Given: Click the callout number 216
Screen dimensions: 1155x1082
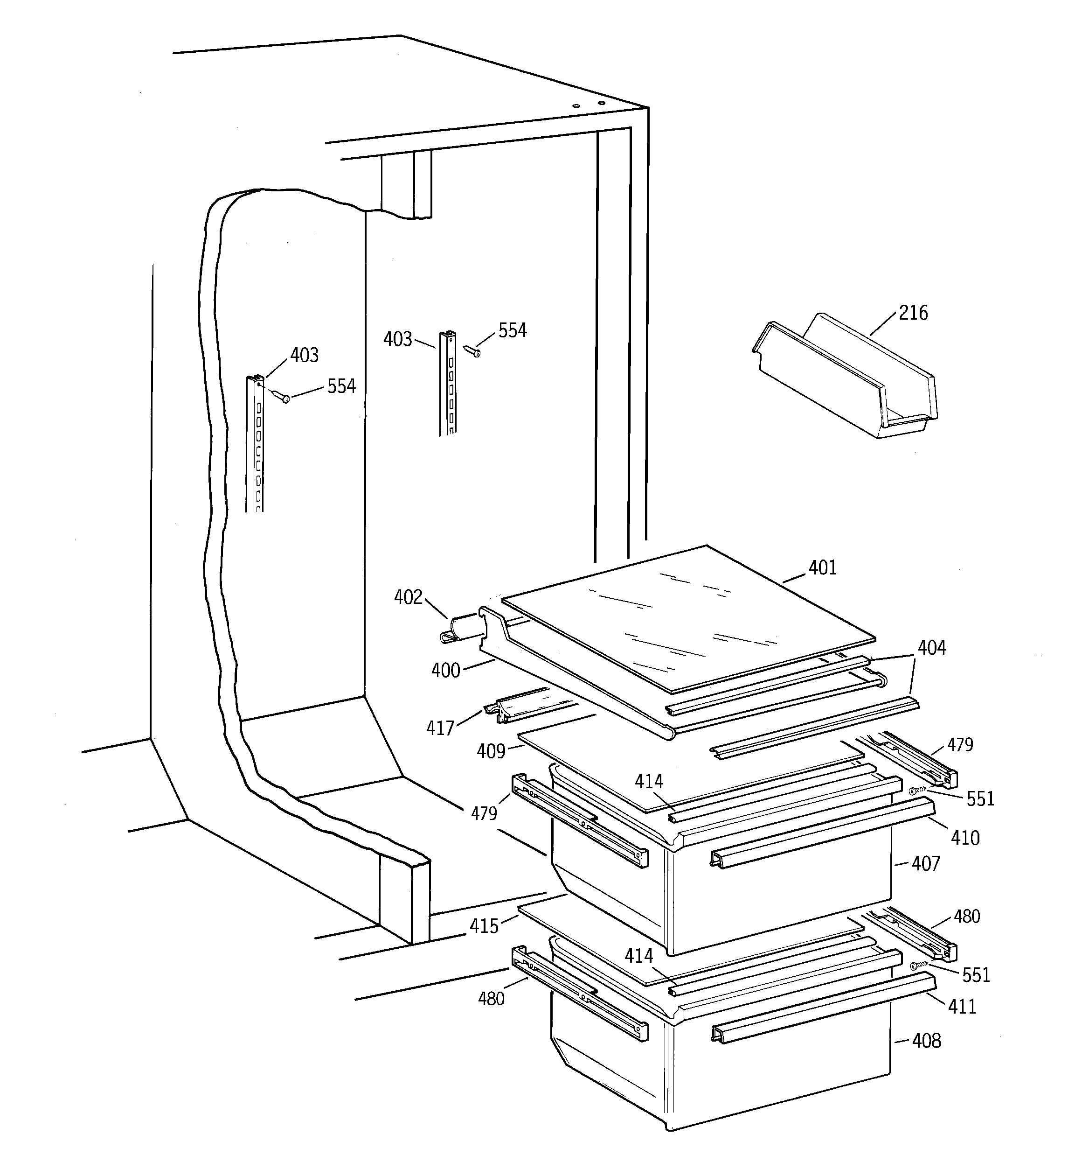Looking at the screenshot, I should point(913,313).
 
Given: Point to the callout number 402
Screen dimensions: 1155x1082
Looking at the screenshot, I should point(408,597).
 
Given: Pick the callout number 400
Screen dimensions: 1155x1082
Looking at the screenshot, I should point(445,671).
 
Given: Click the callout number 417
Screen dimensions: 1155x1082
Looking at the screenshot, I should point(440,728).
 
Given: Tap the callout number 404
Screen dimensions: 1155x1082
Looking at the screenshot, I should point(931,648).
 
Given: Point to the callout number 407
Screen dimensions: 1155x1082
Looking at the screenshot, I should point(925,864).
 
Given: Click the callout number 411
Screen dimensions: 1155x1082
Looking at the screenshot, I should point(962,1006).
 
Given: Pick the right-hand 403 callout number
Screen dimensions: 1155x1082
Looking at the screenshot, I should point(398,339).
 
